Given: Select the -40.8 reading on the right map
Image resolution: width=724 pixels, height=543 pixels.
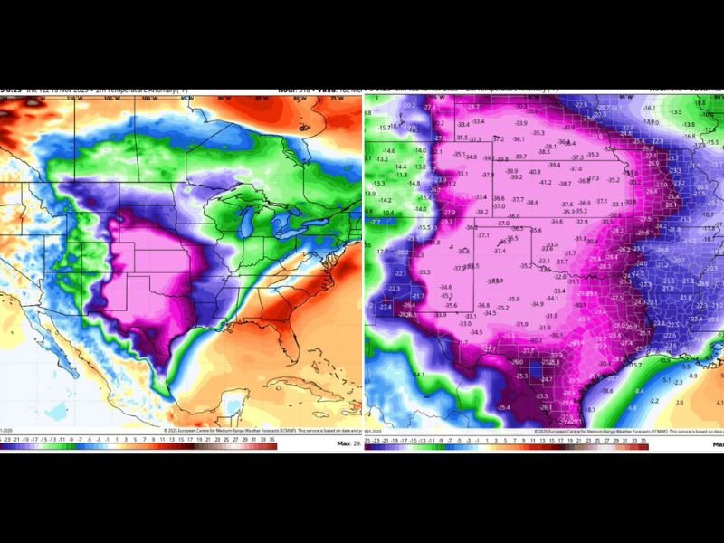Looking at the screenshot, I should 535,172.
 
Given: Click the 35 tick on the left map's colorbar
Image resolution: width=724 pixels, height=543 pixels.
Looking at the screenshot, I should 271,436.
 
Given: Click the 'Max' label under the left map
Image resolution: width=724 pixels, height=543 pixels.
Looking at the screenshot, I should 343,444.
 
